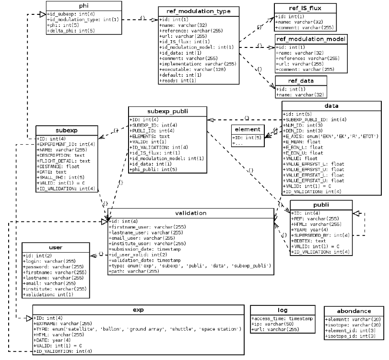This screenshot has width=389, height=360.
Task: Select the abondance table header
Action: coord(354,310)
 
